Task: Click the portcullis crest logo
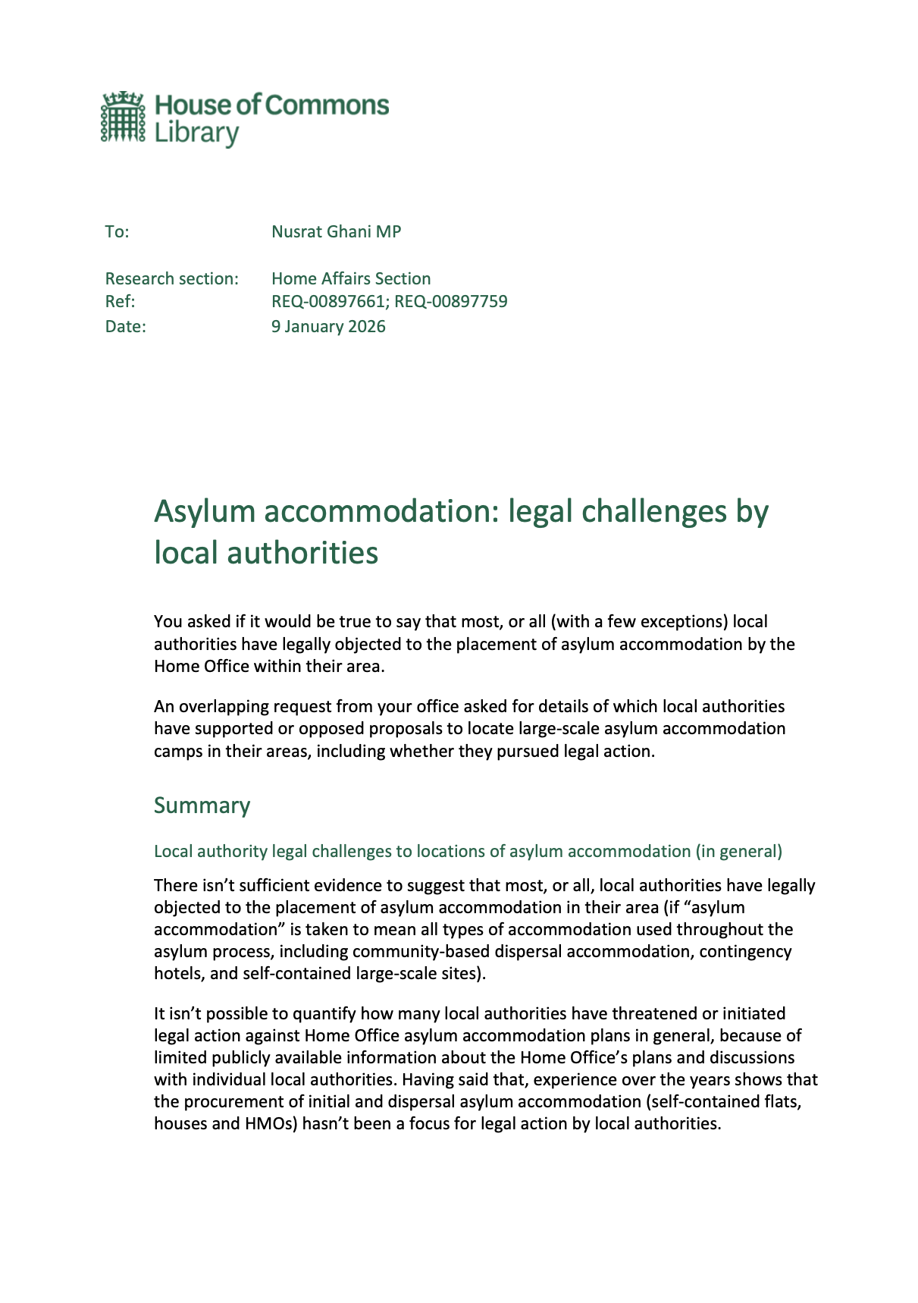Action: point(122,117)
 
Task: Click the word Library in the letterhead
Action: point(196,133)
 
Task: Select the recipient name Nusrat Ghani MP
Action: point(336,231)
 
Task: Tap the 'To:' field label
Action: point(117,231)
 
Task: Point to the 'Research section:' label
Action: point(171,278)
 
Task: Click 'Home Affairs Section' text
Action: point(351,278)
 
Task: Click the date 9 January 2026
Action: point(328,326)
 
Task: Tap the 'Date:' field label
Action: point(125,326)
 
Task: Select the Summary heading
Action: point(202,805)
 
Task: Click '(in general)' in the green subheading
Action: point(738,851)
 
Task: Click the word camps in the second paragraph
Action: point(177,751)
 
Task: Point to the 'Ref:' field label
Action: point(120,301)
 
